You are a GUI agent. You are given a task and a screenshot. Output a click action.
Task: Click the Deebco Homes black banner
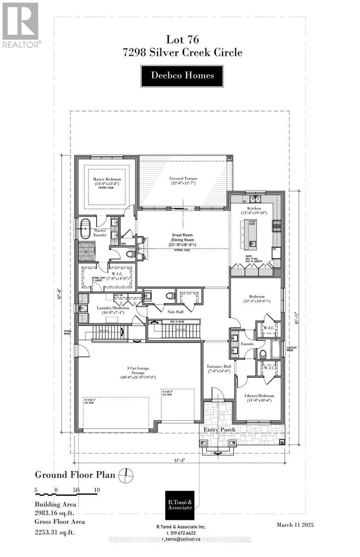(x=182, y=76)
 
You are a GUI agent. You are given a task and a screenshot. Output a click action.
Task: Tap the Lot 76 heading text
(x=182, y=39)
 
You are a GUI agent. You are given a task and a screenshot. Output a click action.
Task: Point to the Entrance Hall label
(x=218, y=369)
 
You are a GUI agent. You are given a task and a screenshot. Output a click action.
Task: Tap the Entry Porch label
(x=219, y=430)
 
